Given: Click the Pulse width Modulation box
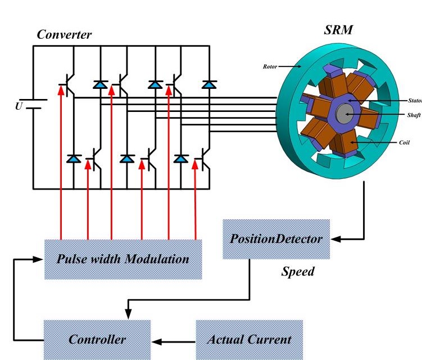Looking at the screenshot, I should pos(123,259).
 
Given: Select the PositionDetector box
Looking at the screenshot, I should pos(276,239).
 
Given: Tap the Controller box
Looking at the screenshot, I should pos(97,339).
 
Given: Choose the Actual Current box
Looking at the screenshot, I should pos(249,339).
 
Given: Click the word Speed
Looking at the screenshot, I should pos(298,272).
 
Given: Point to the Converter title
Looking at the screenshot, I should pos(64,35).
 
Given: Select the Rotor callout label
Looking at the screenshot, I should pos(271,66).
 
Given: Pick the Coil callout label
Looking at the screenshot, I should pos(404,142).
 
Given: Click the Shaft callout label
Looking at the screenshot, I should pos(413,115).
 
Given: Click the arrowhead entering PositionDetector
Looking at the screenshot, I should pos(335,238).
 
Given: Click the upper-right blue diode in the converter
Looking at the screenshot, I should pos(209,84).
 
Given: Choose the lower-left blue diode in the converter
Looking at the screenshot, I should pos(74,159).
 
